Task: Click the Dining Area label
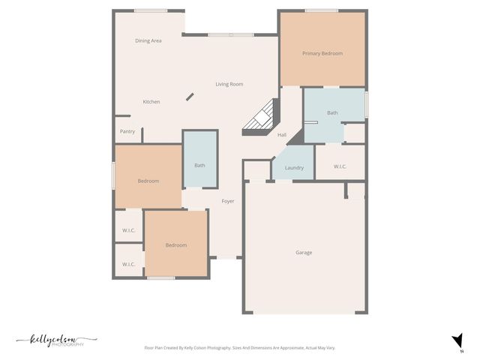(148, 40)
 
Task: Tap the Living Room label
(229, 84)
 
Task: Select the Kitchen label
(151, 102)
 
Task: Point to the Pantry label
(127, 131)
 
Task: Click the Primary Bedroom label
(322, 54)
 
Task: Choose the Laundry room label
(294, 168)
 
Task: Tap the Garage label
(304, 253)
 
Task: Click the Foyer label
(228, 201)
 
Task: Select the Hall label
(282, 135)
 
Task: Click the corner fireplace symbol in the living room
(262, 118)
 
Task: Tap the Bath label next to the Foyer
(199, 165)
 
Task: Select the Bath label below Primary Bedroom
(332, 113)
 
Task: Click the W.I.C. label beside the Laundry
(339, 166)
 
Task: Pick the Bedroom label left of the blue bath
(148, 181)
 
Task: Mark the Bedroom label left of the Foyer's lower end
(176, 245)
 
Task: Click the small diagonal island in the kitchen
(190, 97)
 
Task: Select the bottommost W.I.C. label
(128, 264)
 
